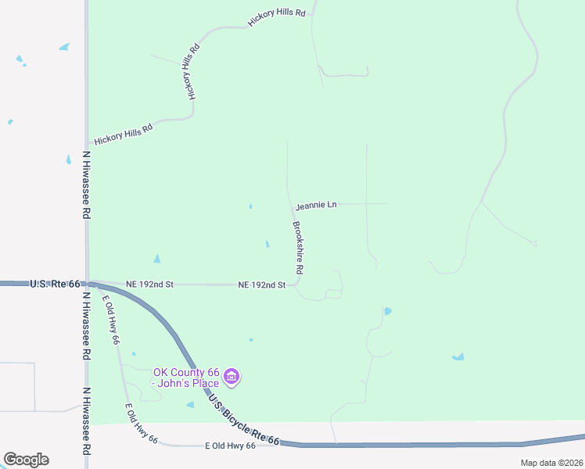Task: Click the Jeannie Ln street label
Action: [x=316, y=205]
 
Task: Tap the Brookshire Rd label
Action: [x=299, y=248]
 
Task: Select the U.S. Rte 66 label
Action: [x=55, y=283]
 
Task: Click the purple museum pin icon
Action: [x=231, y=378]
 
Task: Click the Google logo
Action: [x=26, y=460]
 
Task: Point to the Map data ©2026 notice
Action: [x=551, y=463]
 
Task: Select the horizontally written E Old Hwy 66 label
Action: [x=230, y=446]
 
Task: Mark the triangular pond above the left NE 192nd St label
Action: [x=157, y=259]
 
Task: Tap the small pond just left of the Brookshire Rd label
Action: [x=267, y=245]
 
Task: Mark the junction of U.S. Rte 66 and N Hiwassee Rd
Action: [x=87, y=284]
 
